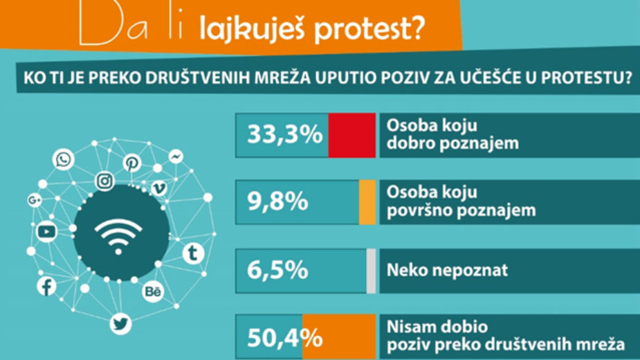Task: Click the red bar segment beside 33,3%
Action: (x=351, y=135)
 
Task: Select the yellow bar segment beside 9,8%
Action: (x=367, y=201)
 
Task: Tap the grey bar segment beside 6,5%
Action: (x=371, y=269)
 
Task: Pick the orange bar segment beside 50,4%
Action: (x=339, y=336)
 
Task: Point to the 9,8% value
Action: (x=277, y=201)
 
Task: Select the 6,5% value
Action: (x=277, y=269)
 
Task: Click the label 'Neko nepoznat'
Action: (x=447, y=269)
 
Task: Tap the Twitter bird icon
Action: (x=120, y=323)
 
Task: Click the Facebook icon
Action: (x=46, y=285)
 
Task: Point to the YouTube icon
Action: (x=46, y=232)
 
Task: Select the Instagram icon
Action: (x=105, y=181)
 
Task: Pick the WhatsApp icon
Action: (x=64, y=161)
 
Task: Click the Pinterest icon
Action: (x=131, y=163)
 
